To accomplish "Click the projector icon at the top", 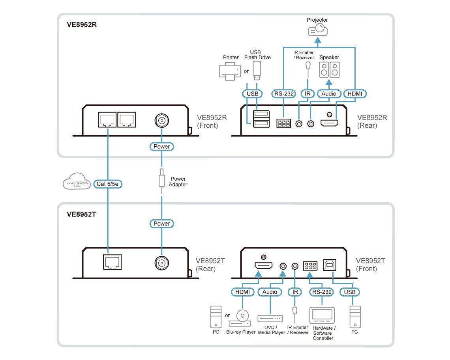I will tap(318, 30).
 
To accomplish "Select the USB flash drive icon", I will tap(257, 70).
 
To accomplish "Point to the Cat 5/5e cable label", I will tap(108, 184).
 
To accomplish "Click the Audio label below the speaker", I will tap(329, 94).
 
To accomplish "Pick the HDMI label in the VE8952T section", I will tap(242, 292).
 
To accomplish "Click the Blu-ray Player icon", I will tap(241, 318).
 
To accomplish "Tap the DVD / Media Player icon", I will tap(270, 318).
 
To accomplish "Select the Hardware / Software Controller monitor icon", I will tap(322, 316).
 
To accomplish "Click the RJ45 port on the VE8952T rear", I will tap(112, 262).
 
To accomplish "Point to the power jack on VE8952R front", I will tap(161, 120).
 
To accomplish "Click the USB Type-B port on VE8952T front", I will tap(329, 266).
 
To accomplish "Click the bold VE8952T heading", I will tap(82, 215).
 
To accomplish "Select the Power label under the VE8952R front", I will tap(161, 147).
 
